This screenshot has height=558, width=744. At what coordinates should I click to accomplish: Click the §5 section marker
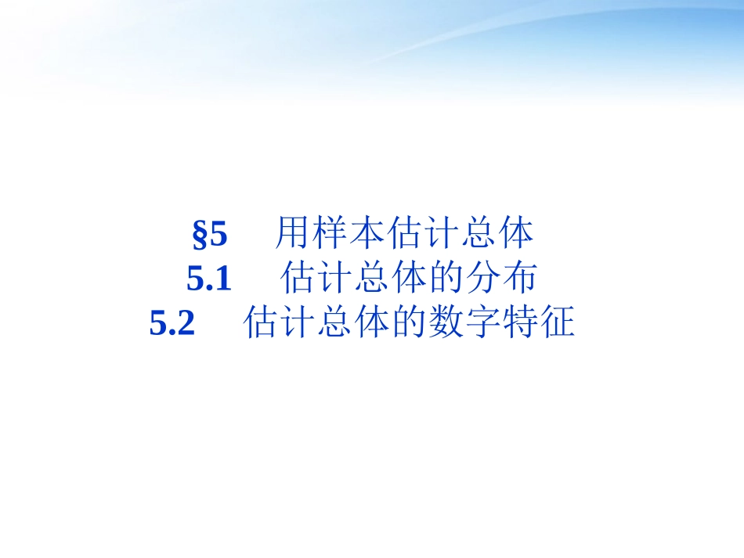click(209, 234)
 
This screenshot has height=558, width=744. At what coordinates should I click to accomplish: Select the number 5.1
click(210, 279)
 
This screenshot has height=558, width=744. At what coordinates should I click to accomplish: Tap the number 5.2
click(172, 323)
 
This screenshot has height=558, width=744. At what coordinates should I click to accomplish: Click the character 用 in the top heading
click(292, 234)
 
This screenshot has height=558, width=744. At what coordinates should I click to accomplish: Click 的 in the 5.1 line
click(446, 279)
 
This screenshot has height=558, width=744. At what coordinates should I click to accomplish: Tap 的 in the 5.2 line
click(409, 323)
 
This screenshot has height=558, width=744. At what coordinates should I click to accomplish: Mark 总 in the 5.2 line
click(334, 323)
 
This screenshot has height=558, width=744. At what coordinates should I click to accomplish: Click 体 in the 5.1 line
click(409, 279)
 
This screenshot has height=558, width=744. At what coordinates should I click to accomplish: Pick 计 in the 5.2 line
click(298, 323)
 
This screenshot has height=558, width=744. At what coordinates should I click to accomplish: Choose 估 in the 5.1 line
click(298, 279)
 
